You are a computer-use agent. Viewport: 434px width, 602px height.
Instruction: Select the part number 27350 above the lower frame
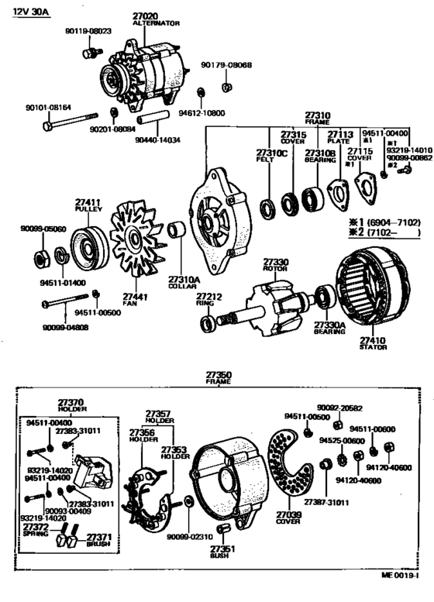[x=218, y=375]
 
